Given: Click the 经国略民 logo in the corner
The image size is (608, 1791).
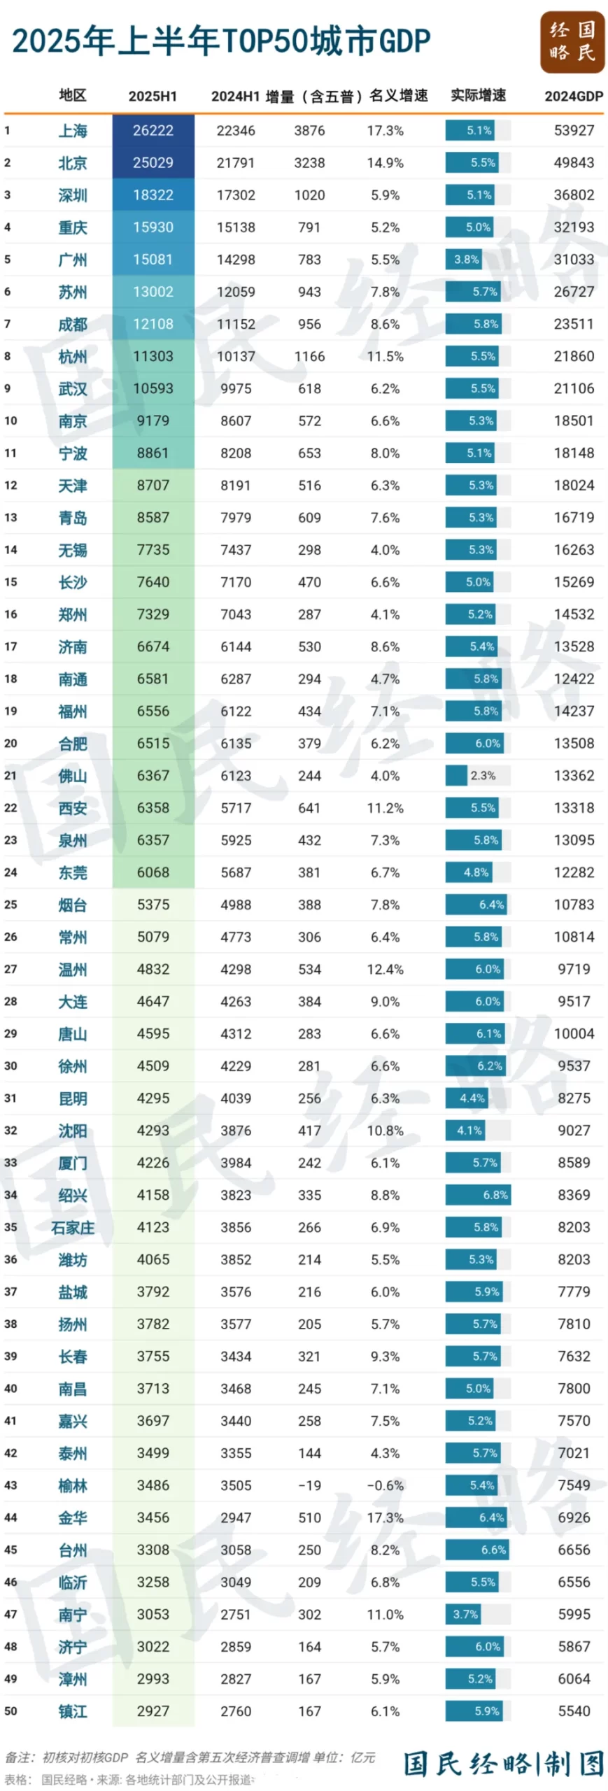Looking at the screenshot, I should click(x=572, y=41).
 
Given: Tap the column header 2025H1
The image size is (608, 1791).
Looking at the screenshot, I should click(x=153, y=96).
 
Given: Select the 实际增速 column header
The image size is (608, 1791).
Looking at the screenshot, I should click(x=478, y=95).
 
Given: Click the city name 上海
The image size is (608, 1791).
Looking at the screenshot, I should click(x=73, y=131).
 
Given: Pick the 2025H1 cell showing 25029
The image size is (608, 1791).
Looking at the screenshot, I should click(x=153, y=163).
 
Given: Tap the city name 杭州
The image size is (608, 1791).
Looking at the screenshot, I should click(x=73, y=357).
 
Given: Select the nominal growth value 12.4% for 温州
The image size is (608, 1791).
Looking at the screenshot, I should click(x=385, y=969).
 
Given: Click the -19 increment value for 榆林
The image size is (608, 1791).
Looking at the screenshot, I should click(x=309, y=1485).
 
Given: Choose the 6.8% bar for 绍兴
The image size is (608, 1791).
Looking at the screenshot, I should click(x=478, y=1195).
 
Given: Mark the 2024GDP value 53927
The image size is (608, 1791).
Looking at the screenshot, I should click(x=574, y=131).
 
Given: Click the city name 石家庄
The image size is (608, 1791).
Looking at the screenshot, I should click(x=73, y=1228).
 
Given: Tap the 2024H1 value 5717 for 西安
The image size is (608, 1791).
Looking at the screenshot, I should click(x=236, y=808).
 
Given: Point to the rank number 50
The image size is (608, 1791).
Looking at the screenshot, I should click(x=10, y=1711).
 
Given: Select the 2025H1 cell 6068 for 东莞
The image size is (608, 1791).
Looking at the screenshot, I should click(x=153, y=872).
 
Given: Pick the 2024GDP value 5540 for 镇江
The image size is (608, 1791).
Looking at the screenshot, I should click(x=574, y=1711).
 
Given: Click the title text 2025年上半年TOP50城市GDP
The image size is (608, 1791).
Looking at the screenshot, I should click(x=221, y=41).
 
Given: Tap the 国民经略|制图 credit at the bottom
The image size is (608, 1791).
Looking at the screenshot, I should click(x=503, y=1764).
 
